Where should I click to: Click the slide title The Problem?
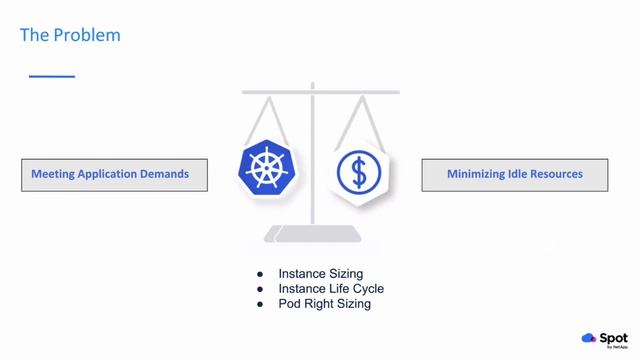click(70, 35)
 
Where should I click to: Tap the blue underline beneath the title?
click(51, 76)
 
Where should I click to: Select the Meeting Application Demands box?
click(114, 174)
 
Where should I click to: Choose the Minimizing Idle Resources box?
click(515, 174)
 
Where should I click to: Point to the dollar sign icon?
click(358, 172)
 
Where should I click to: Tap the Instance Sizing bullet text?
click(320, 273)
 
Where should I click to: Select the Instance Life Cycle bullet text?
click(331, 288)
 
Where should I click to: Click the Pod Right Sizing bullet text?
click(324, 303)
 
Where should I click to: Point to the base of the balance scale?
click(312, 235)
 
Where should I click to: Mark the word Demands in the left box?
click(165, 174)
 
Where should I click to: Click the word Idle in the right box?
click(512, 174)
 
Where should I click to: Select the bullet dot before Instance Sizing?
click(260, 273)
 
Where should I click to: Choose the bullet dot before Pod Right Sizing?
click(260, 303)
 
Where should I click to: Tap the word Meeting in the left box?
click(53, 174)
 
